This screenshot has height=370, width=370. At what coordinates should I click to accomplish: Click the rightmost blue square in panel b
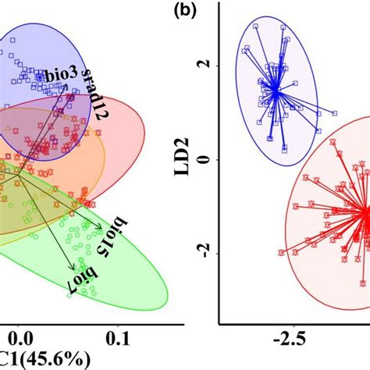pyautogui.click(x=336, y=113)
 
